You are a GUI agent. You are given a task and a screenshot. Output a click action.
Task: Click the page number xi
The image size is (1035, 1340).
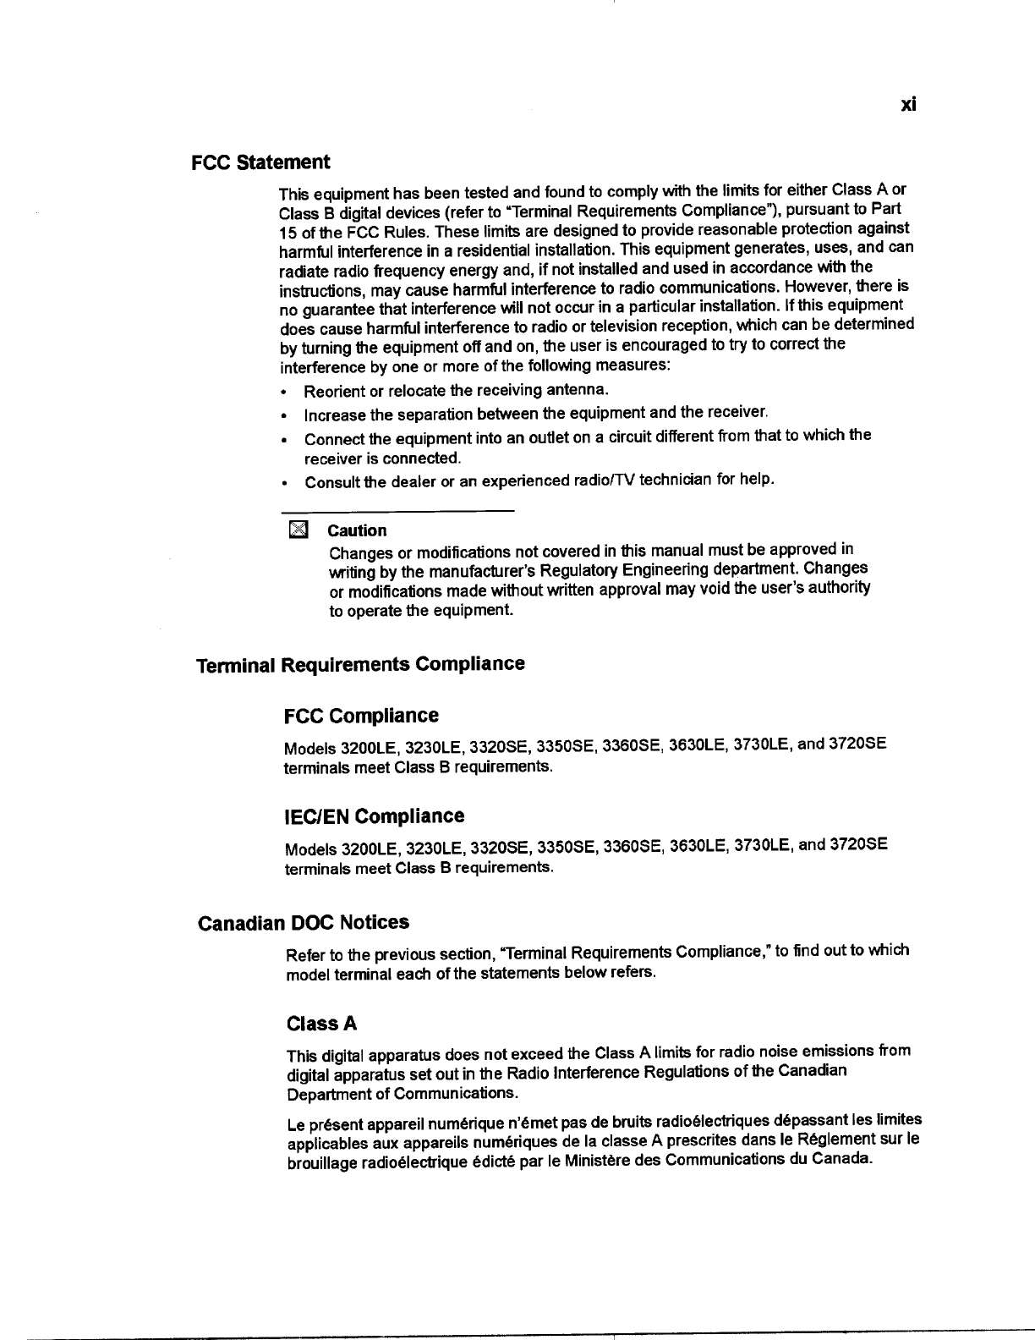pyautogui.click(x=908, y=105)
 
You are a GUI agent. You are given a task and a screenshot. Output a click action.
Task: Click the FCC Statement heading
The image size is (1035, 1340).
pyautogui.click(x=260, y=162)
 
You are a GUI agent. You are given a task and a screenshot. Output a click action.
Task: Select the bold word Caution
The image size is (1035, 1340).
pyautogui.click(x=357, y=530)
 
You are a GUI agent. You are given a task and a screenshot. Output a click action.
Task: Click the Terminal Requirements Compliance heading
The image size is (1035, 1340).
pyautogui.click(x=360, y=664)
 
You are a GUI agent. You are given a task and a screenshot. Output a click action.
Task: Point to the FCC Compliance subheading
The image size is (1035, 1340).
pyautogui.click(x=362, y=716)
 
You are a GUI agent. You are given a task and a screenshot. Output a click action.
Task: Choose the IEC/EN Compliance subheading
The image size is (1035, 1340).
pyautogui.click(x=375, y=816)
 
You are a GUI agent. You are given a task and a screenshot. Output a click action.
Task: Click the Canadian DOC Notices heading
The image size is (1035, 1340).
pyautogui.click(x=303, y=922)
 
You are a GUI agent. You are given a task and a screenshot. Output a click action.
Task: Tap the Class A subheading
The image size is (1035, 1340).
pyautogui.click(x=322, y=1024)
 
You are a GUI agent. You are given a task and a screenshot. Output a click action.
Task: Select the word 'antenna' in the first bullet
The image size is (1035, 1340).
pyautogui.click(x=576, y=390)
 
